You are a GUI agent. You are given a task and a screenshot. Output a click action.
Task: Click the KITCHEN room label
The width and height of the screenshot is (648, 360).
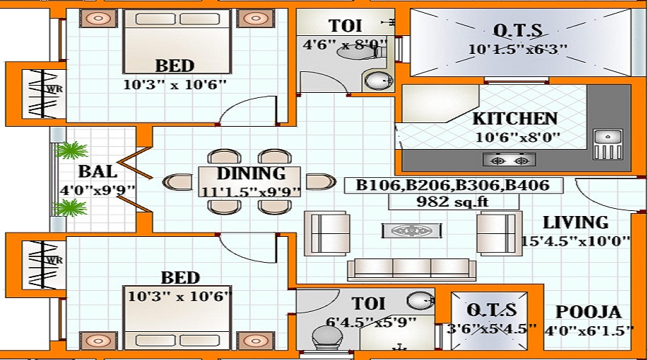click(x=515, y=119)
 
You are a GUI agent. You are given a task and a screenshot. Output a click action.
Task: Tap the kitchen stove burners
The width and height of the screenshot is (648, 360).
click(x=509, y=159)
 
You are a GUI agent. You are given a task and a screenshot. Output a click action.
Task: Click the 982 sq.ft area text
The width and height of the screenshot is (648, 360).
click(x=453, y=202)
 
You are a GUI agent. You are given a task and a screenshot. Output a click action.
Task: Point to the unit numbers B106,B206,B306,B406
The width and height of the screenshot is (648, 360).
click(x=453, y=186)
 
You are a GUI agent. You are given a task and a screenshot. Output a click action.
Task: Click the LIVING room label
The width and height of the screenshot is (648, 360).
click(x=575, y=222)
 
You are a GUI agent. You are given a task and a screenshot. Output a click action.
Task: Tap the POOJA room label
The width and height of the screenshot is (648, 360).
click(x=588, y=312)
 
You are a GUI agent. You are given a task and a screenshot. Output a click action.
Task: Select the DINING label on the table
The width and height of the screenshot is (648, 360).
click(x=251, y=174)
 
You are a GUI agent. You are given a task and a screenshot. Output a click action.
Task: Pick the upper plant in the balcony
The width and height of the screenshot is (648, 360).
click(x=72, y=151)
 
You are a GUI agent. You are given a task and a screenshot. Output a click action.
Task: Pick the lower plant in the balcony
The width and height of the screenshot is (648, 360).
click(x=72, y=208)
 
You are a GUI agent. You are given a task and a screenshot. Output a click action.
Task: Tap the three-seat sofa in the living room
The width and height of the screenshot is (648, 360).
click(x=411, y=269)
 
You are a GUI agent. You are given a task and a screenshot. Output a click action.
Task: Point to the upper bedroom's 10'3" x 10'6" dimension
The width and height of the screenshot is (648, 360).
click(x=175, y=84)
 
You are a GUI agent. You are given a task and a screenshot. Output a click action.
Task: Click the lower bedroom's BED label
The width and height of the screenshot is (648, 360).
click(x=180, y=278)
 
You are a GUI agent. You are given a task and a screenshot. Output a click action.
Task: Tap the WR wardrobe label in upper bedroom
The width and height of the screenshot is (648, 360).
click(x=52, y=90)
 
